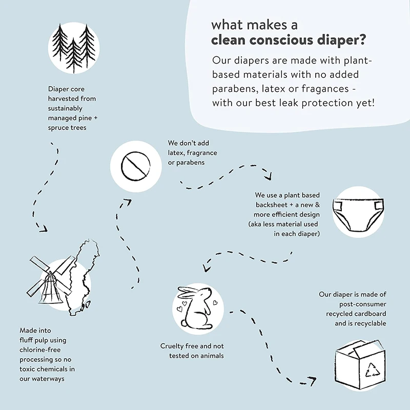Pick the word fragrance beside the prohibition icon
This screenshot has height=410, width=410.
pos(200,153)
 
